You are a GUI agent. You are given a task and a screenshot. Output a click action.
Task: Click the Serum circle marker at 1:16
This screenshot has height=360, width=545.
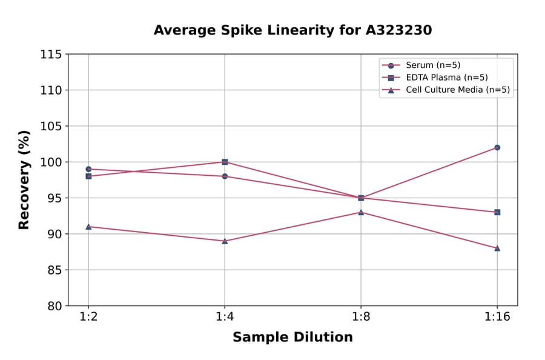[x=497, y=147]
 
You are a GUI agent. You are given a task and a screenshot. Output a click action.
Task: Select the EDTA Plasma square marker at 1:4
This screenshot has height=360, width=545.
[x=225, y=162]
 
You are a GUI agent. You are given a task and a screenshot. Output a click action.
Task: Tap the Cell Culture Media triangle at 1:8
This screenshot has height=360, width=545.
[x=361, y=212]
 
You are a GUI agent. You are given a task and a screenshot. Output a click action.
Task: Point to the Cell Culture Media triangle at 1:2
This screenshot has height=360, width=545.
[x=88, y=227]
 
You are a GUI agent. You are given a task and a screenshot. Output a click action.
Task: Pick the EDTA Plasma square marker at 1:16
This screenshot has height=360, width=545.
[x=497, y=212]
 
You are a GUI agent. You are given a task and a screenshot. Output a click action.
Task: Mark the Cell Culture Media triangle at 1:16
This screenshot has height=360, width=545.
[x=497, y=248]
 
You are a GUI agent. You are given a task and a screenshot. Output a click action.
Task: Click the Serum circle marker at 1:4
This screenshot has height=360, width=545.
[x=225, y=176]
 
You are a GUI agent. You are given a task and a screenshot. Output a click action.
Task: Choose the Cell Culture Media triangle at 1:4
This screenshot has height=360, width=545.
[x=225, y=241]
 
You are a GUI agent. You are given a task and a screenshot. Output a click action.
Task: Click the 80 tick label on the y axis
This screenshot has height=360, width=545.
[x=54, y=306]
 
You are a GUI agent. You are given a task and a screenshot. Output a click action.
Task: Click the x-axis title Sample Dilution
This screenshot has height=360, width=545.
[x=292, y=338]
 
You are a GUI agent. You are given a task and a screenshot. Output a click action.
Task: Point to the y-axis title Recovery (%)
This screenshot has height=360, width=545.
[x=24, y=180]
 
